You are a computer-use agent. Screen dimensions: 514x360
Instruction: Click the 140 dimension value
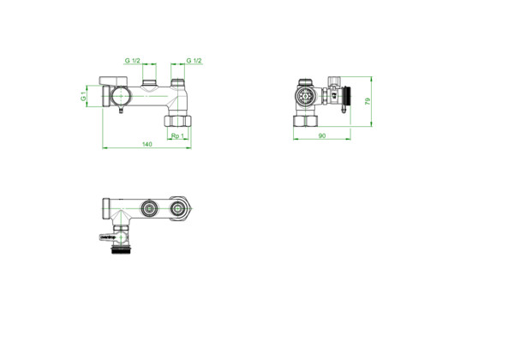(x=147, y=144)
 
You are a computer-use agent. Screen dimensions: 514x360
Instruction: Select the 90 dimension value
(x=322, y=135)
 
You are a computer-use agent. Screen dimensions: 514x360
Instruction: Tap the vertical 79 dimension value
(x=368, y=101)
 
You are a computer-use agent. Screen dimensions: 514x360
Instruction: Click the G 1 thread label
(x=84, y=96)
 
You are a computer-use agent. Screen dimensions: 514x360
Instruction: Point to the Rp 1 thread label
(x=177, y=135)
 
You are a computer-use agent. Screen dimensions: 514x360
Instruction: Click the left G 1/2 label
(x=133, y=61)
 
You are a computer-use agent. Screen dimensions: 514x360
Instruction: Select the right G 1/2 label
(x=194, y=61)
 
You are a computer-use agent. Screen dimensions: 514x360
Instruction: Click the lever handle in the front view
(x=113, y=81)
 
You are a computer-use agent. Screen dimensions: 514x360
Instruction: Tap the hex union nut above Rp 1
(x=177, y=121)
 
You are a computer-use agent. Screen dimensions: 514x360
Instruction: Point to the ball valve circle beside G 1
(x=120, y=96)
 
